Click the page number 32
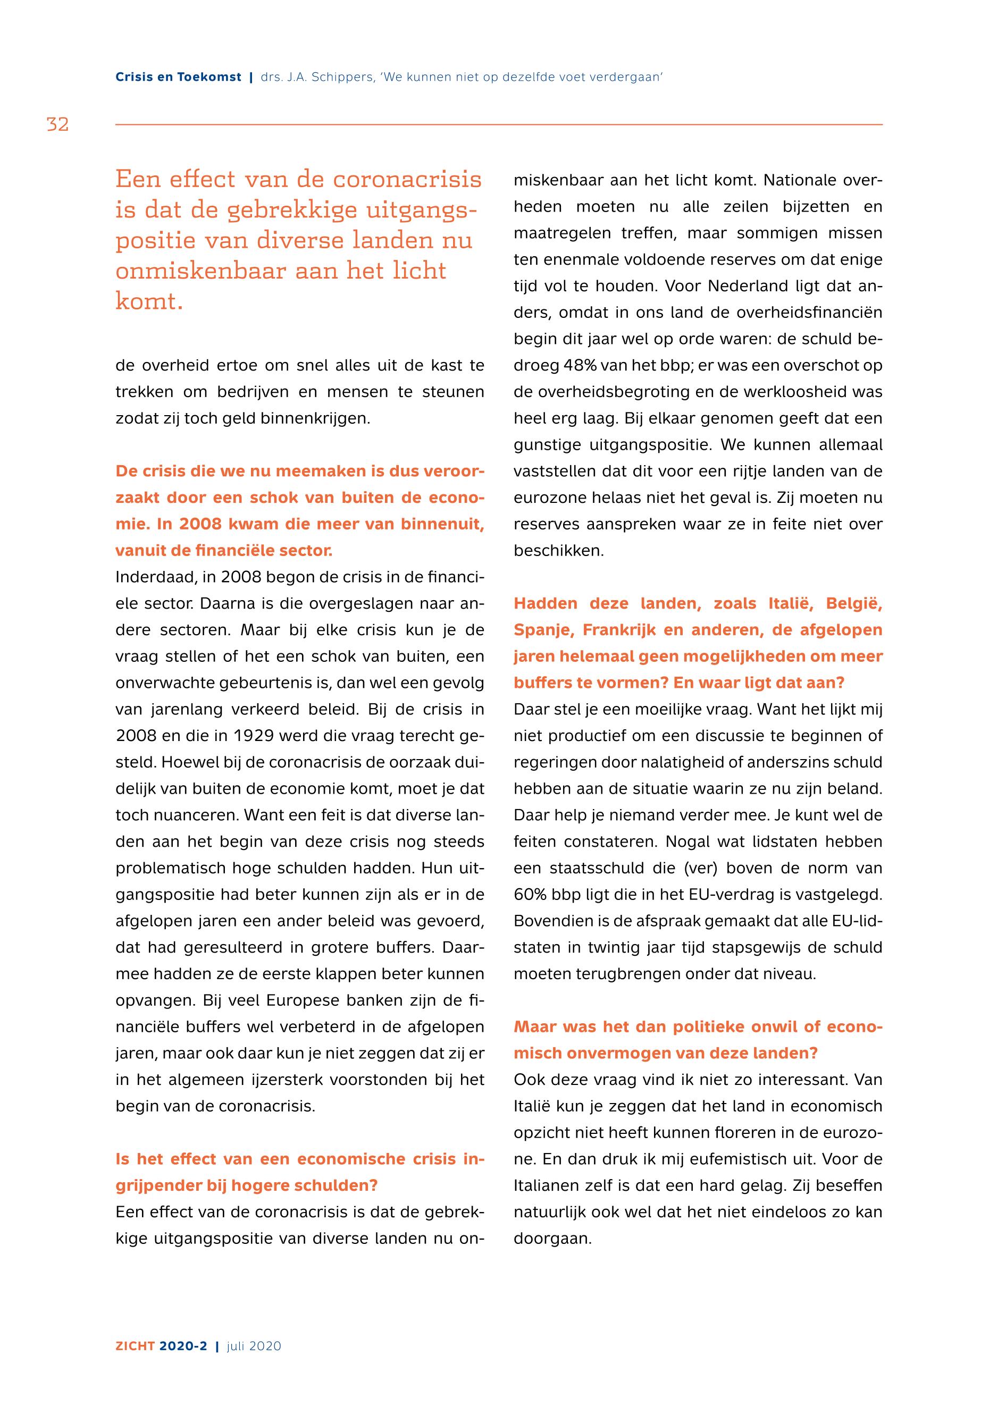58,125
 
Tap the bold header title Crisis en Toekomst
178,78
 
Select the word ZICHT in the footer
135,1346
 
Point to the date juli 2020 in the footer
254,1346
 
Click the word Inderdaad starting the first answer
150,577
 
